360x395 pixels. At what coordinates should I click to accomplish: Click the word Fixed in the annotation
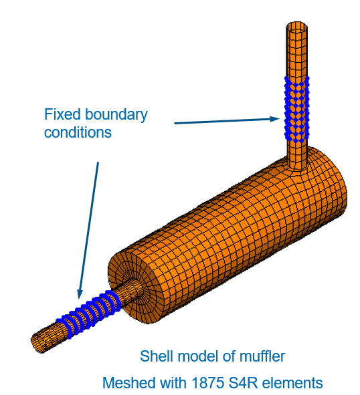[62, 114]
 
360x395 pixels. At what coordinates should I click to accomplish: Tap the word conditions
[78, 132]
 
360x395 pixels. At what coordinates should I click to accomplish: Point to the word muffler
[262, 356]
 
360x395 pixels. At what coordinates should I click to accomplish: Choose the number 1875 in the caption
[208, 383]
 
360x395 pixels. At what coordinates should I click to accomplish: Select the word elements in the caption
[292, 383]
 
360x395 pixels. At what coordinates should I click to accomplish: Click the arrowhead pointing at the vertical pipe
[275, 119]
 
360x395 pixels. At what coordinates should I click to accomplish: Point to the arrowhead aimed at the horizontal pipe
[80, 294]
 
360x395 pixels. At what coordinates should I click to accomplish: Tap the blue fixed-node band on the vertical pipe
[297, 109]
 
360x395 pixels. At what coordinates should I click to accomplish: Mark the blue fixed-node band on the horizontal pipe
[88, 314]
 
